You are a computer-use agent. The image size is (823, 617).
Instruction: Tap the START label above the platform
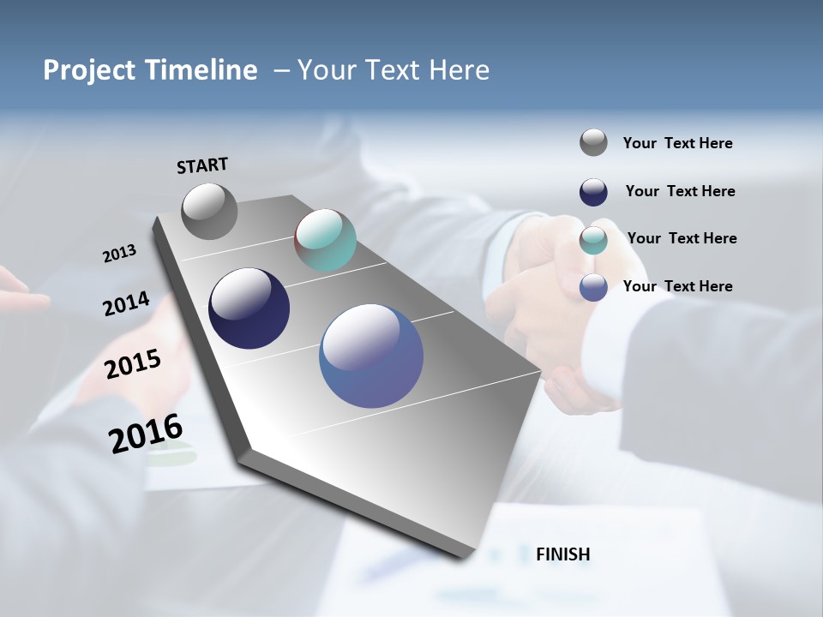[202, 165]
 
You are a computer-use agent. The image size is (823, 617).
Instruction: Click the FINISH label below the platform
[562, 554]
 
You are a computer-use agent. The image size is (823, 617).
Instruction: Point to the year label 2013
[119, 254]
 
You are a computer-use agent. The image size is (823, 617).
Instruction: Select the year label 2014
[126, 304]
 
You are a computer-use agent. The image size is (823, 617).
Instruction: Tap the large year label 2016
[146, 434]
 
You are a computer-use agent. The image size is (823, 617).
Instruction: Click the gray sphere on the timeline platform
[209, 211]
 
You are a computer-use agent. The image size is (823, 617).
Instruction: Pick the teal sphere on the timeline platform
[325, 240]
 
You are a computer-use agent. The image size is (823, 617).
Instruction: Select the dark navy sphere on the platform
[249, 308]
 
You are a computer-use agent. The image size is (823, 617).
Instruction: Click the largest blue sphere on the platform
[371, 356]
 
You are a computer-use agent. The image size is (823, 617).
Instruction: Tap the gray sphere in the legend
[593, 142]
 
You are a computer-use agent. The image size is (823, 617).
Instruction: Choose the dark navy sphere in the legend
[593, 192]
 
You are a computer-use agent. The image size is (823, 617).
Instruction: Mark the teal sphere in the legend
[593, 240]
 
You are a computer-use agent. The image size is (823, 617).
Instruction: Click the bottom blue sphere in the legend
[593, 287]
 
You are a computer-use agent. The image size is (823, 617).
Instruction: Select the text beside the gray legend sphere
[677, 143]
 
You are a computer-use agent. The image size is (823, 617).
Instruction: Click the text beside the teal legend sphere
[682, 238]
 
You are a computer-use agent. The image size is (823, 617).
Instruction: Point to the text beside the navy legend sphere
[680, 191]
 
